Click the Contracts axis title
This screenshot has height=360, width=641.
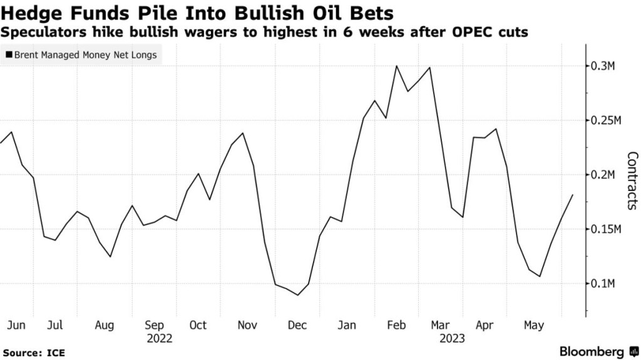click(x=632, y=180)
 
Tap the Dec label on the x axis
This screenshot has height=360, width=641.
click(x=297, y=325)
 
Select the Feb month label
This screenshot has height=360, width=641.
click(x=397, y=325)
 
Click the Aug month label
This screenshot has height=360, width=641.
click(x=104, y=325)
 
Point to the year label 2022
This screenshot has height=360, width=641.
click(x=159, y=339)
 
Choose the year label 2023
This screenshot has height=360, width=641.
click(x=451, y=339)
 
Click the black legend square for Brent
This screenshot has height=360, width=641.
click(x=8, y=55)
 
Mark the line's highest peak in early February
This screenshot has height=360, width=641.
click(x=396, y=66)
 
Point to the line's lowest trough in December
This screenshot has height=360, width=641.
click(x=297, y=295)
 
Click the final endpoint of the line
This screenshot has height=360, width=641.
click(x=572, y=195)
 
